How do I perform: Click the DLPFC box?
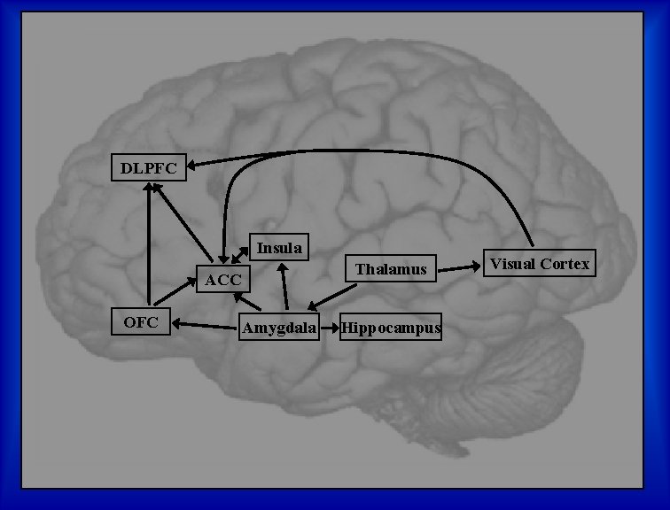[149, 167]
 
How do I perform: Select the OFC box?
[141, 322]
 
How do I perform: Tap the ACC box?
[223, 280]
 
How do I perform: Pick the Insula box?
[279, 248]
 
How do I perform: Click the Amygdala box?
[280, 328]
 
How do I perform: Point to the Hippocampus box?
[391, 328]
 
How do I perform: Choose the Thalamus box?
[391, 268]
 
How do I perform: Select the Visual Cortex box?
[540, 264]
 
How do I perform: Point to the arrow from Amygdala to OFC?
[206, 325]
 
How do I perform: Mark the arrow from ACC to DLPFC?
[184, 224]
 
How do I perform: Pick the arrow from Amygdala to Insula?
[284, 288]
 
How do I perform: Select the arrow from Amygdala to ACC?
[247, 302]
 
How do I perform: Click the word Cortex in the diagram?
[565, 264]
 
